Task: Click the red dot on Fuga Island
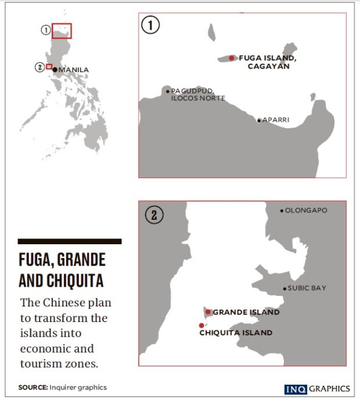click(232, 58)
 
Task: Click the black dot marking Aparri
click(259, 121)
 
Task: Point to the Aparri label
click(276, 120)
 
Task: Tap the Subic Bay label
click(307, 288)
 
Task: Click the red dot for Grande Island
click(208, 312)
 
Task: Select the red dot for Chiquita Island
click(201, 325)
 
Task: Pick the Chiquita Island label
click(236, 333)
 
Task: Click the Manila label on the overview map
click(74, 70)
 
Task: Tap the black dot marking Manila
click(55, 70)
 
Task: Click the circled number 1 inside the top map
click(151, 26)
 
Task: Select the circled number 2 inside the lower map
click(154, 215)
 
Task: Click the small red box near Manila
click(49, 67)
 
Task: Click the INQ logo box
click(294, 389)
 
